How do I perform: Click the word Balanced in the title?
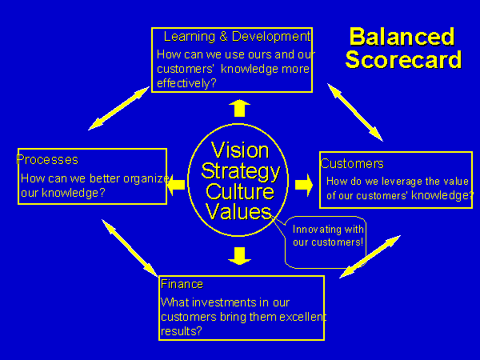(x=402, y=37)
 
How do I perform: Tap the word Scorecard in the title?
(x=403, y=59)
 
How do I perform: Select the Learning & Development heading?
(x=238, y=37)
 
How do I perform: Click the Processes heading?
(x=47, y=159)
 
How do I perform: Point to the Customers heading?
(x=352, y=163)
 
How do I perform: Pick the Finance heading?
(x=182, y=284)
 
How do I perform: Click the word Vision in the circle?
(x=240, y=150)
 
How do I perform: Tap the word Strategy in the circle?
(x=241, y=171)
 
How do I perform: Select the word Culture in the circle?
(x=240, y=191)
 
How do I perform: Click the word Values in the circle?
(x=238, y=211)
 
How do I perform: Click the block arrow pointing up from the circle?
(x=240, y=108)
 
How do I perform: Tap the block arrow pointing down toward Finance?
(x=240, y=256)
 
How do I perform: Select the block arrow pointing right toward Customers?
(x=304, y=185)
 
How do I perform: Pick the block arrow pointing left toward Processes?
(x=176, y=185)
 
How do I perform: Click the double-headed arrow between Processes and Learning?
(x=118, y=108)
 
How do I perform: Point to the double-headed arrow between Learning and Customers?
(x=355, y=112)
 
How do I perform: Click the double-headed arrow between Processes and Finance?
(x=130, y=248)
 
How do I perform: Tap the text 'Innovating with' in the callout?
(x=328, y=230)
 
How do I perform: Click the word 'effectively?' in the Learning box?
(x=186, y=83)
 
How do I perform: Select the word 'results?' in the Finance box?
(x=182, y=331)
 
